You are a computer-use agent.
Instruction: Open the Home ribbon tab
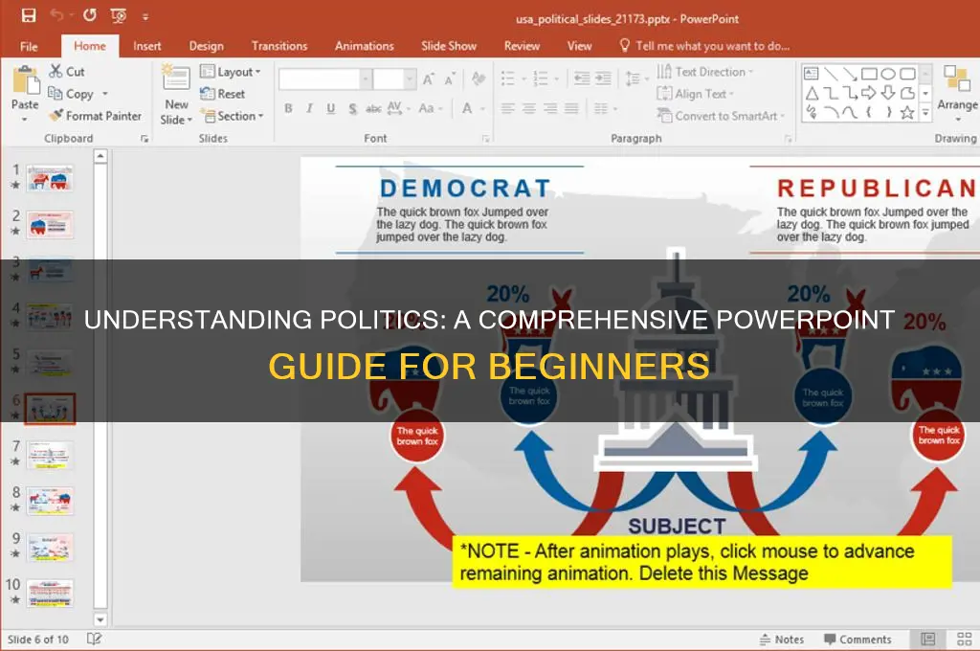(90, 46)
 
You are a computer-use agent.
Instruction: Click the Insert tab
(147, 46)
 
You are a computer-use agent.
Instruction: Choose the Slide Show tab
(449, 46)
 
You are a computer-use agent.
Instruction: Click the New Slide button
(176, 100)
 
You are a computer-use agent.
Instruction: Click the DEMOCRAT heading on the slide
(465, 189)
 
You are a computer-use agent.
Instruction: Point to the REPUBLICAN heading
(875, 189)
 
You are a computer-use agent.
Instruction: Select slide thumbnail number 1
(50, 179)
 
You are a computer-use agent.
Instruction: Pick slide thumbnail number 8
(50, 501)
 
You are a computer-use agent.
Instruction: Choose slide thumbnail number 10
(50, 593)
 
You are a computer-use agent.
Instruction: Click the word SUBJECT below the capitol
(677, 526)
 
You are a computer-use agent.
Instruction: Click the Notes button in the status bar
(782, 640)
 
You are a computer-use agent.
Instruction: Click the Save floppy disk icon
(29, 16)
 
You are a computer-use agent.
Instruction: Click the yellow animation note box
(702, 562)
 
